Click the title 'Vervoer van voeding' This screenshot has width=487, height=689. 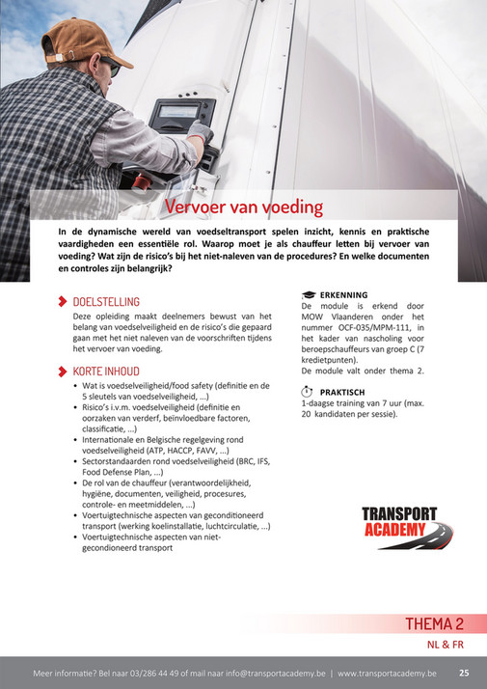point(243,207)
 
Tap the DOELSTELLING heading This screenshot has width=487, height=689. point(106,302)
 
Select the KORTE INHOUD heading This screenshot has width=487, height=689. point(107,371)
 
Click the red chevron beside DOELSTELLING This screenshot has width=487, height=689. point(64,302)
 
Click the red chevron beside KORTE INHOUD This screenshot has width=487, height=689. point(64,371)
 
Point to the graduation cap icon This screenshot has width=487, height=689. point(309,294)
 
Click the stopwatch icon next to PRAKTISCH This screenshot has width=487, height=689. point(308,391)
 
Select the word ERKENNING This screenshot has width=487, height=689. point(345,294)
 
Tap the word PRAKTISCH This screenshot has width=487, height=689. point(342,392)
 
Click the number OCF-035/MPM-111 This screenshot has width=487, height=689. point(365,327)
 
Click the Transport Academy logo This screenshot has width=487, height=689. point(400,527)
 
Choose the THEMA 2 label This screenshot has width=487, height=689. point(434,623)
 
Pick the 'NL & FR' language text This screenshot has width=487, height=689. point(446,644)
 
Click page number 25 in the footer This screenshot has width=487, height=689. point(464,673)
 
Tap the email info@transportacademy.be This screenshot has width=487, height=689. point(276,673)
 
